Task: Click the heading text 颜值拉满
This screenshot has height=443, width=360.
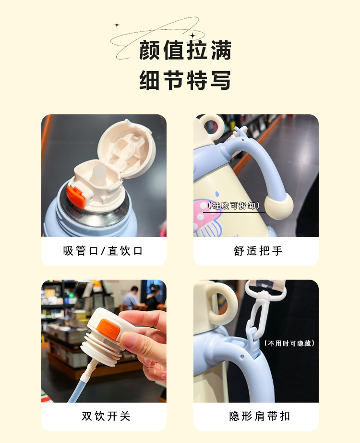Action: point(185,50)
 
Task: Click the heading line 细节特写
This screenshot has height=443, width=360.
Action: point(185,80)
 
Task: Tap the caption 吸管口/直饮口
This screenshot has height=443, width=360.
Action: point(103,251)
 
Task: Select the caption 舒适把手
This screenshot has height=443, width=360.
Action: point(258,251)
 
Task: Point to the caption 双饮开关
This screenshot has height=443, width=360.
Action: point(106,416)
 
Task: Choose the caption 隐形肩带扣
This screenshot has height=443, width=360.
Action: point(259,416)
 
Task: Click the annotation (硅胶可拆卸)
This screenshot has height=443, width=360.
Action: point(234,205)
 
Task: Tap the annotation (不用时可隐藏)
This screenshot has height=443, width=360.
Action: point(289,343)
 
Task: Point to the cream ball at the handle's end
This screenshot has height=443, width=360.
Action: point(279,205)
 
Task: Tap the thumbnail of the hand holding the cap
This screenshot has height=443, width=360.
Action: point(104,341)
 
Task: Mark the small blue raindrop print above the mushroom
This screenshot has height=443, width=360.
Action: point(217,194)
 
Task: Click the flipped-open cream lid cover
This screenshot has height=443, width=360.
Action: point(127,148)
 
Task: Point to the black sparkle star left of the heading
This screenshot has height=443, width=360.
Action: point(117,25)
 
